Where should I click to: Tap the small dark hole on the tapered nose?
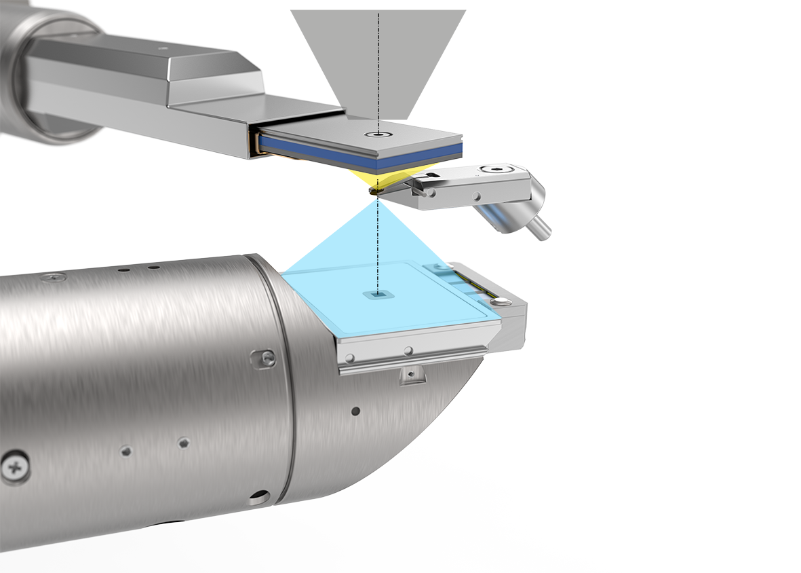(355, 411)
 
